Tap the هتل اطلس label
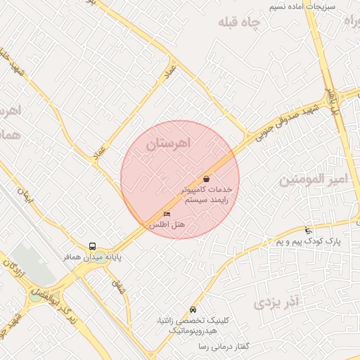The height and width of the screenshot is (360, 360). (166, 224)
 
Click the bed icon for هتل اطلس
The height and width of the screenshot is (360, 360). (167, 213)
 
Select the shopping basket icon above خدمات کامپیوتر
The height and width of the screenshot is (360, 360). (206, 179)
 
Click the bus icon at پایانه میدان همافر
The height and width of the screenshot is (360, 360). (93, 246)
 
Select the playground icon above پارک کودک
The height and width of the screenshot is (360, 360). (308, 231)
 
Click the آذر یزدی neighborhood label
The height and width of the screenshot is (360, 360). (276, 303)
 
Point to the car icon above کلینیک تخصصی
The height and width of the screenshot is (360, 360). (193, 310)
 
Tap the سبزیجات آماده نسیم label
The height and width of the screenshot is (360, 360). (303, 6)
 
